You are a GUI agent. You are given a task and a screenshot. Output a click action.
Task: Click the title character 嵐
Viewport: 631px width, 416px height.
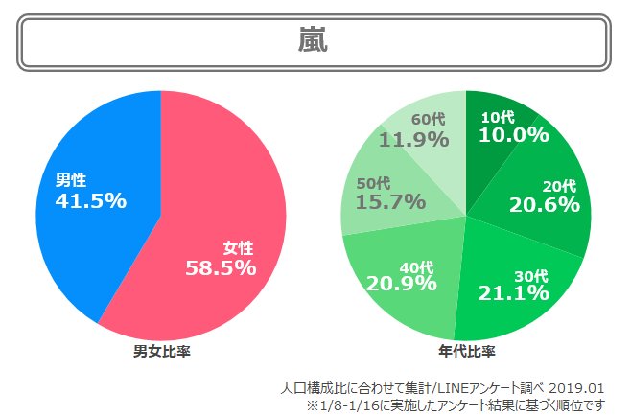pos(315,41)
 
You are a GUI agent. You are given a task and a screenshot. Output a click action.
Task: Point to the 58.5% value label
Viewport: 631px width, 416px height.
pos(221,267)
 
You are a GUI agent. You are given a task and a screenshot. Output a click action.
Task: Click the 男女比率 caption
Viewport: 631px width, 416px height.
pos(161,352)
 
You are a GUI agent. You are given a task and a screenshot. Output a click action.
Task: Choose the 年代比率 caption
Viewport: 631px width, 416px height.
pos(466,352)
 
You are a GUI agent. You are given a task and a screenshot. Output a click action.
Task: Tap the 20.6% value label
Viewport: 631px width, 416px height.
pos(545,204)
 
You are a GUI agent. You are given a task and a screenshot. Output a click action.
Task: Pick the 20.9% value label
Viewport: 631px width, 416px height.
pos(402,283)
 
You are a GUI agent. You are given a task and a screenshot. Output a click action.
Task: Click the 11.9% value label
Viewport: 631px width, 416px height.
pos(414,140)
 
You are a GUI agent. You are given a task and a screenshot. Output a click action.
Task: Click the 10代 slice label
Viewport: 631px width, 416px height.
pos(497,116)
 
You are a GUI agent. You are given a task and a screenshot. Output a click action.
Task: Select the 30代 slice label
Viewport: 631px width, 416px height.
pos(530,276)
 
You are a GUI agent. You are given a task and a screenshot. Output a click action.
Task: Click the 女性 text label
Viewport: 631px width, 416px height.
pos(239,248)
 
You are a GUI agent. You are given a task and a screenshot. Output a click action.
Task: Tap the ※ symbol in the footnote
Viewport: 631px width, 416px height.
pos(312,405)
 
